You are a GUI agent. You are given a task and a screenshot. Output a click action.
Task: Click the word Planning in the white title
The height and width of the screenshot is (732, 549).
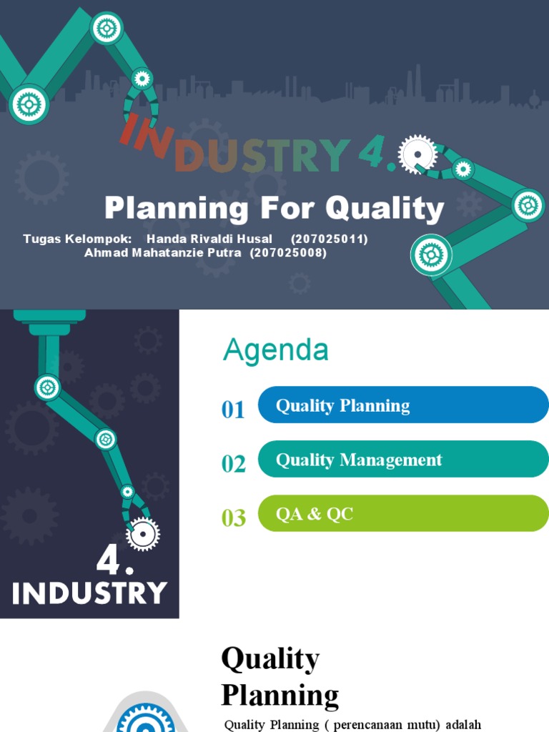(x=177, y=209)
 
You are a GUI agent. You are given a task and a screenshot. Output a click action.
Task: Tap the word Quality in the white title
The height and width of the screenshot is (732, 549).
(x=385, y=209)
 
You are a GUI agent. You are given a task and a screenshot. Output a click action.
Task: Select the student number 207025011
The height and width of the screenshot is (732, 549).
(x=330, y=239)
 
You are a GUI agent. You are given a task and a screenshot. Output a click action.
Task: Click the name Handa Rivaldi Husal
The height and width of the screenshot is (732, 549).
(x=209, y=239)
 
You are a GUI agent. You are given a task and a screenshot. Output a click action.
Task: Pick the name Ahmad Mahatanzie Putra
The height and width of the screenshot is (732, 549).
(x=163, y=252)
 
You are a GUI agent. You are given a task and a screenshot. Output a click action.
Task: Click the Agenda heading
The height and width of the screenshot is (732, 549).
(x=276, y=350)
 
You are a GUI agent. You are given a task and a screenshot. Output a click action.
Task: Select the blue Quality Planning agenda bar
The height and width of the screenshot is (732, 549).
(x=402, y=405)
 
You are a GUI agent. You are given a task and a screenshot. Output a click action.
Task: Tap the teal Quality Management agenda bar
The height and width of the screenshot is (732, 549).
(x=402, y=460)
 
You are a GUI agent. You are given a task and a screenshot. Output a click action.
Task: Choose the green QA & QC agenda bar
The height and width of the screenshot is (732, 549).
(x=402, y=513)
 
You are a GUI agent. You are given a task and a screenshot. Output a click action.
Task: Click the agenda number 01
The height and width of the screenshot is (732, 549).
(x=234, y=410)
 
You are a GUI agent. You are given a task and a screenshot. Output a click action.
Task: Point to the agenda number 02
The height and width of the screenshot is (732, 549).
(x=234, y=464)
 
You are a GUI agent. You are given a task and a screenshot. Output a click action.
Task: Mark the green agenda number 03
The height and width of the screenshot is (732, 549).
(x=234, y=518)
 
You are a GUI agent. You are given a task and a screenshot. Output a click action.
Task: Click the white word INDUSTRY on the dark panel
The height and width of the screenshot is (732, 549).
(x=89, y=593)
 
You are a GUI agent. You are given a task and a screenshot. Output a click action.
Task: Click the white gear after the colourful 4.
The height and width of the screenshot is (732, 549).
(x=417, y=153)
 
